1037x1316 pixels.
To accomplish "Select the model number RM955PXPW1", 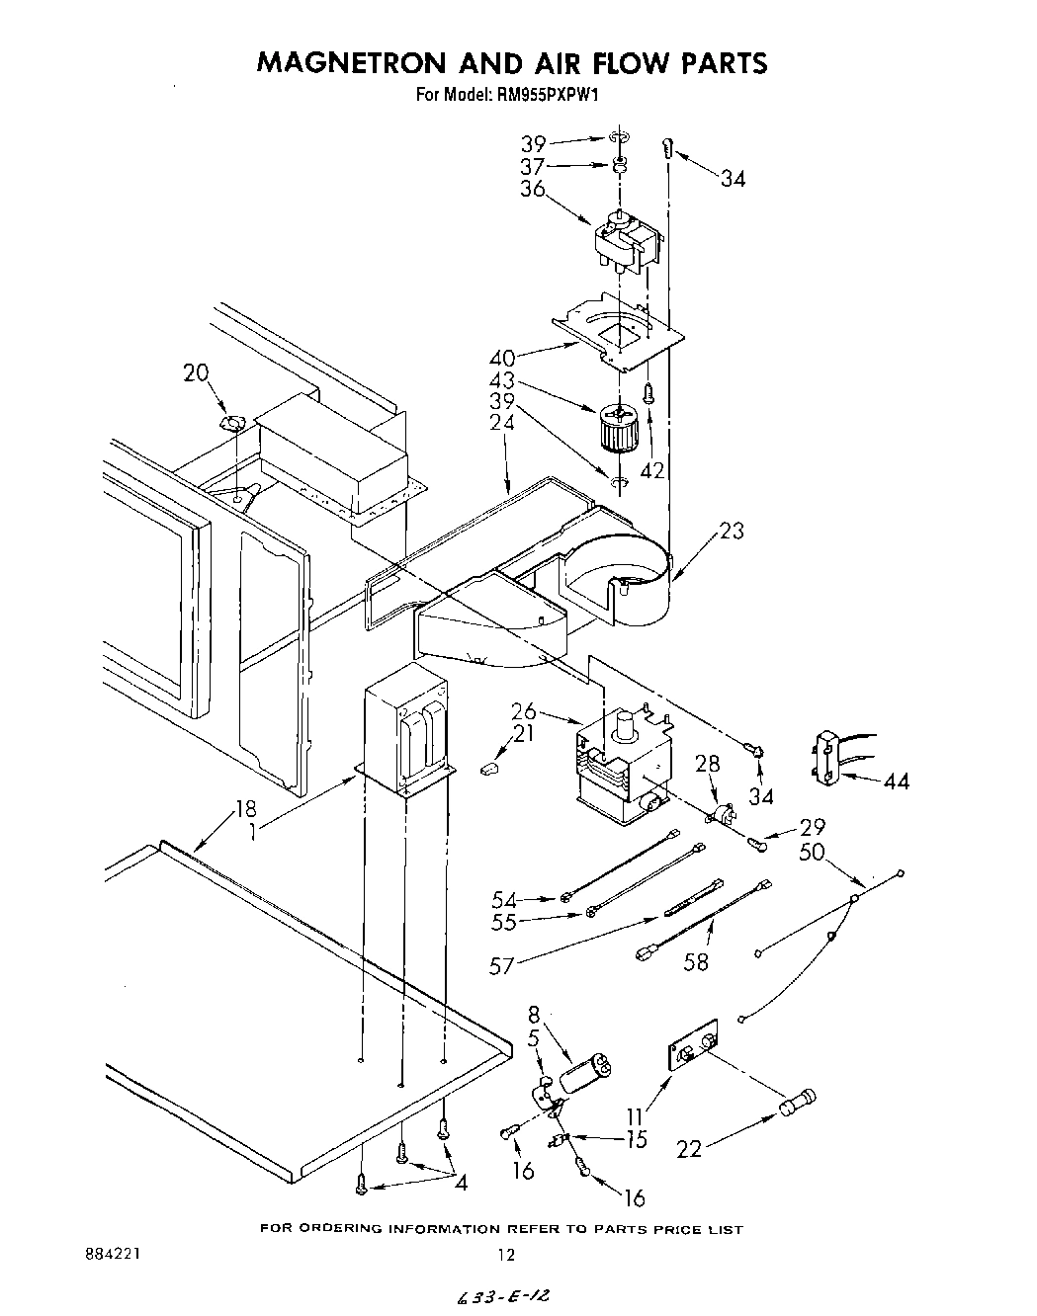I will pos(545,96).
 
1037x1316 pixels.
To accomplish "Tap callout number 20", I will pos(197,372).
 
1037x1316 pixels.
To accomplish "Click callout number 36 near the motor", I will pos(533,188).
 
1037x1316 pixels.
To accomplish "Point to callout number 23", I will pos(733,531).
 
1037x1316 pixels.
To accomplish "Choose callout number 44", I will pos(897,781).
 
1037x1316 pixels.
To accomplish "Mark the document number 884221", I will pos(113,1254).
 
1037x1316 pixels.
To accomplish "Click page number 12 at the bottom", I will pos(506,1256).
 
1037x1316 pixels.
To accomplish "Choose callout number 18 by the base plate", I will pos(245,811).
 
